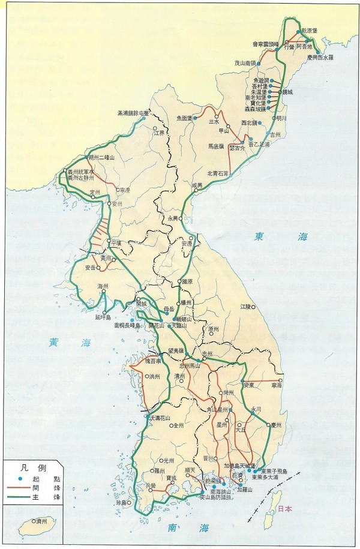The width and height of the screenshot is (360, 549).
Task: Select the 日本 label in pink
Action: tap(286, 509)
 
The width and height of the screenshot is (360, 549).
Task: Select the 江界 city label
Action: tap(159, 133)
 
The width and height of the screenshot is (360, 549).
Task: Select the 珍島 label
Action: tap(123, 502)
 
